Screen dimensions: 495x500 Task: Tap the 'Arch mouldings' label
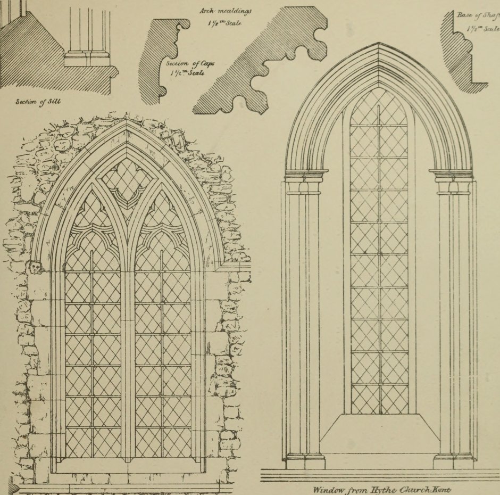point(226,10)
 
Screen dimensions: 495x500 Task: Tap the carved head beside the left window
point(35,267)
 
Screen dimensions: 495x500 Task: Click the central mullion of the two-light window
point(128,346)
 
